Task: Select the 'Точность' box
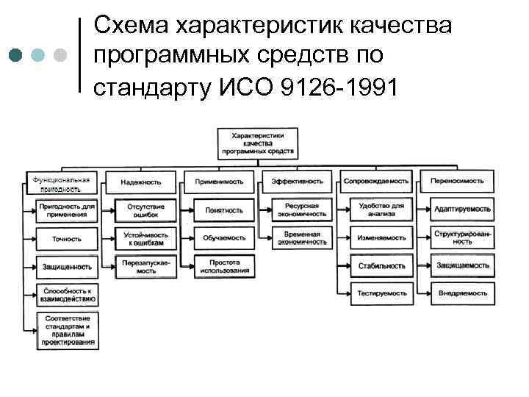(x=67, y=239)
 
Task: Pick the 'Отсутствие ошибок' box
(x=145, y=210)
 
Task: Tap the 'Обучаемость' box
(x=225, y=238)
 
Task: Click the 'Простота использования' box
(x=225, y=266)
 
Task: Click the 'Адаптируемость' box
(x=462, y=210)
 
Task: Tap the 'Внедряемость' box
(x=462, y=293)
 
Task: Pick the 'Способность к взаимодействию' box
(x=67, y=294)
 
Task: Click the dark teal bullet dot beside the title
(x=16, y=56)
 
